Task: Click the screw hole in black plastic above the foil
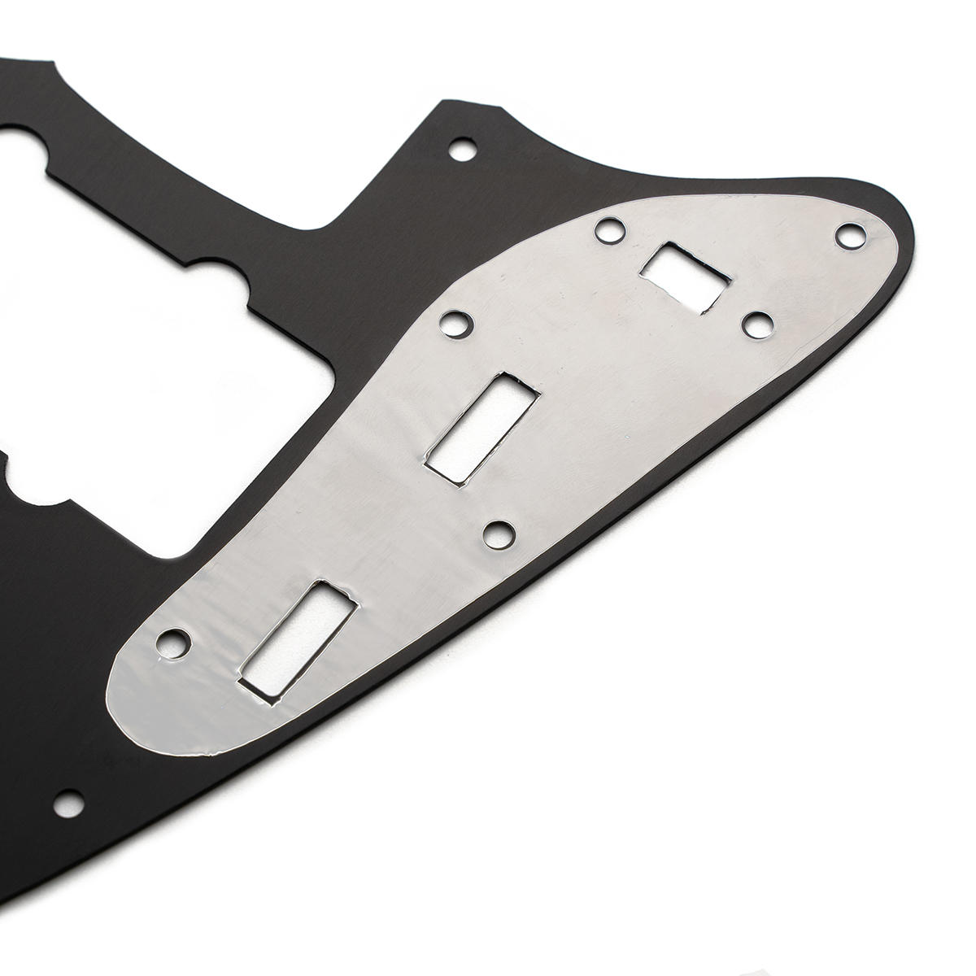pyautogui.click(x=464, y=149)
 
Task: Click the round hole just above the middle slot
pyautogui.click(x=453, y=322)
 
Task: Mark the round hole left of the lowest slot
pyautogui.click(x=172, y=643)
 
